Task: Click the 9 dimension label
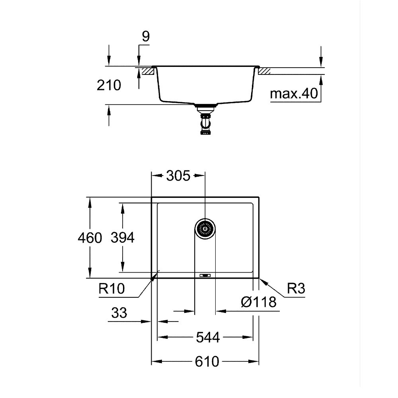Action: pyautogui.click(x=146, y=37)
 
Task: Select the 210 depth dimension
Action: pyautogui.click(x=109, y=85)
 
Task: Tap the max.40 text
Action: pyautogui.click(x=294, y=94)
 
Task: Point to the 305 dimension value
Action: pyautogui.click(x=178, y=176)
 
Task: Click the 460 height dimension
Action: pyautogui.click(x=90, y=238)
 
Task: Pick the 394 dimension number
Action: pyautogui.click(x=123, y=238)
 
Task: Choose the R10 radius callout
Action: pyautogui.click(x=112, y=289)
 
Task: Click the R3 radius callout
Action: pyautogui.click(x=296, y=288)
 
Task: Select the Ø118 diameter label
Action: pyautogui.click(x=259, y=302)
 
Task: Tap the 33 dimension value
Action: pyautogui.click(x=119, y=313)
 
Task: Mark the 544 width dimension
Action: pyautogui.click(x=208, y=338)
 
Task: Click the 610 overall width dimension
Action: pyautogui.click(x=207, y=361)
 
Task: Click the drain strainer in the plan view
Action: pyautogui.click(x=205, y=229)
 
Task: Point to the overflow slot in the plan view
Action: pyautogui.click(x=205, y=275)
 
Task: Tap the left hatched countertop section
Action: pyautogui.click(x=148, y=71)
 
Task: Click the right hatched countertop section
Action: pyautogui.click(x=264, y=71)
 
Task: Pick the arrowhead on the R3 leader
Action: pyautogui.click(x=262, y=281)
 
